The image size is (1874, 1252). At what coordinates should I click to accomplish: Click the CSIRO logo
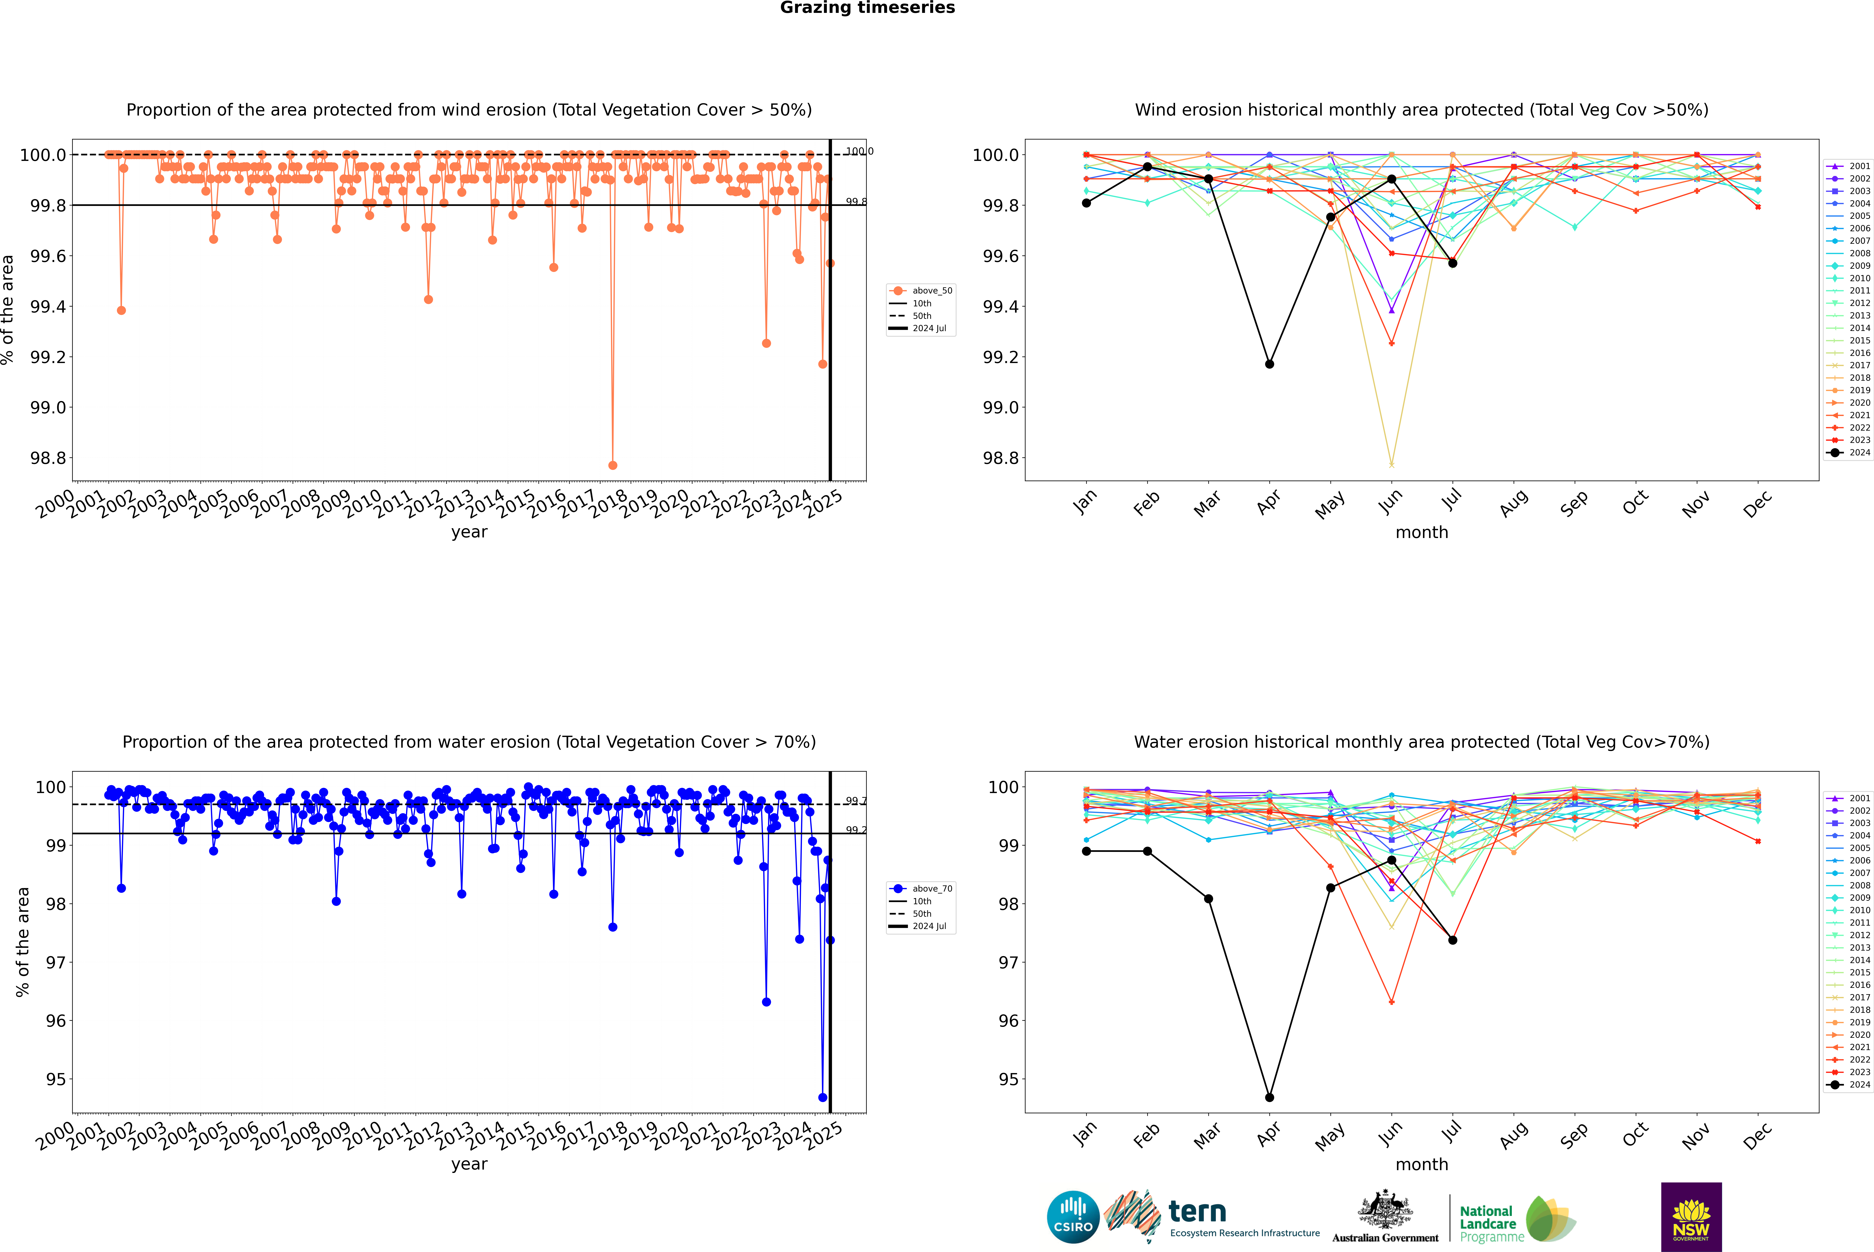(x=1073, y=1217)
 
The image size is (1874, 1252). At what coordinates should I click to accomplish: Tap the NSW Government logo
(x=1691, y=1217)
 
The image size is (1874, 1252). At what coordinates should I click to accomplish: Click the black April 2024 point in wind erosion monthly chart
(x=1269, y=364)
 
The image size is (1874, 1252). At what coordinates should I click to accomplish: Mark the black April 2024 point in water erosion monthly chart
(x=1269, y=1097)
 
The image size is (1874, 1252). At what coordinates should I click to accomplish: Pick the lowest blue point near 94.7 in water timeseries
(x=823, y=1097)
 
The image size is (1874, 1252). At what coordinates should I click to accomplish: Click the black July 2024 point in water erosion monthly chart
(x=1452, y=940)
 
